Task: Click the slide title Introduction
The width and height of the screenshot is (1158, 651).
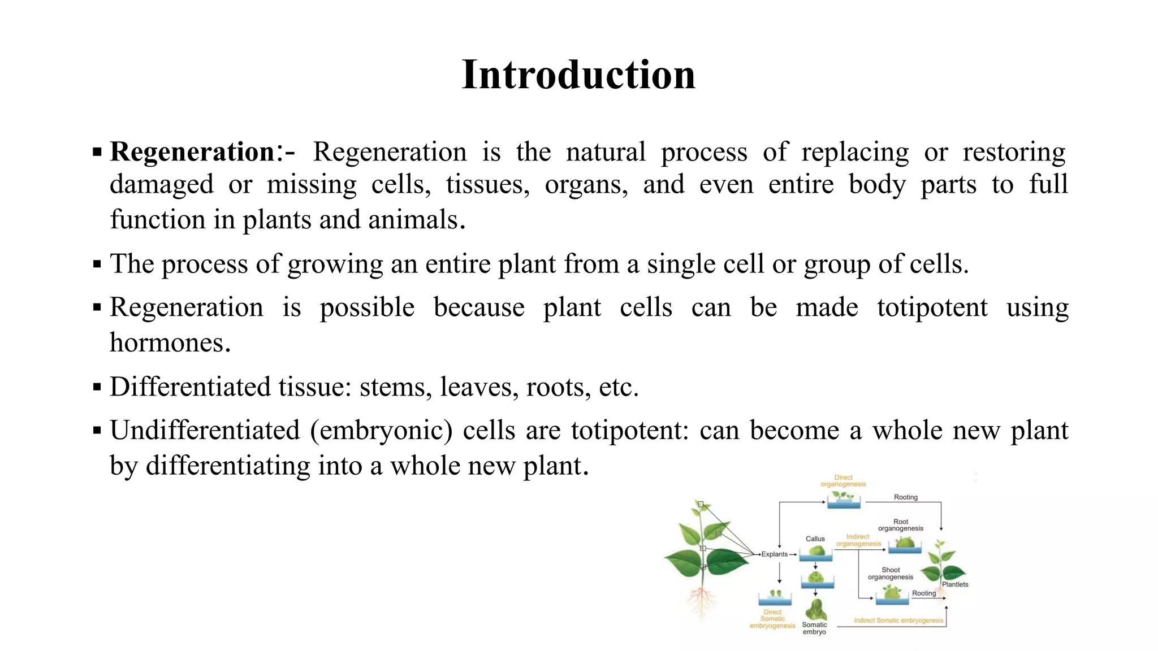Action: point(578,75)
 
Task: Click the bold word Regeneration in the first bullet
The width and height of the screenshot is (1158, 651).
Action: point(192,152)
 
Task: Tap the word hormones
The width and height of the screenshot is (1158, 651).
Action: point(170,342)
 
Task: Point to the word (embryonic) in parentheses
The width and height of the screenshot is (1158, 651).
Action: point(381,431)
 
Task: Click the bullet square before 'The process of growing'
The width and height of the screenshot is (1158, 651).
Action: point(97,264)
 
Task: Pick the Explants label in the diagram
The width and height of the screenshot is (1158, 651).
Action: point(774,554)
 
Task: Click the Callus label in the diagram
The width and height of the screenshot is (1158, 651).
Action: point(815,539)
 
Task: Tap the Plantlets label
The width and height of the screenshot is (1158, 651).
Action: point(955,584)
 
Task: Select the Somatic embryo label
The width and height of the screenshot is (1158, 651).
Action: point(814,628)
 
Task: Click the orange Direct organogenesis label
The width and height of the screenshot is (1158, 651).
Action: point(843,481)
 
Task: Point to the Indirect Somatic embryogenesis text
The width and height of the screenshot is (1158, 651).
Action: point(898,620)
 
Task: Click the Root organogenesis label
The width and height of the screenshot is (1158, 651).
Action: point(901,525)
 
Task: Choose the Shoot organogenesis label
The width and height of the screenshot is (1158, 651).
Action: point(891,574)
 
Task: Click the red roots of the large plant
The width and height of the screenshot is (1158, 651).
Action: point(702,599)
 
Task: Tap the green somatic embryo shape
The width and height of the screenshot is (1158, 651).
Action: point(815,610)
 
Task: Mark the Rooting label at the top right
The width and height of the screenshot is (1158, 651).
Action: point(905,497)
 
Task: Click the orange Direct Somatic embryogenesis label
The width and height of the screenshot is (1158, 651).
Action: point(772,619)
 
